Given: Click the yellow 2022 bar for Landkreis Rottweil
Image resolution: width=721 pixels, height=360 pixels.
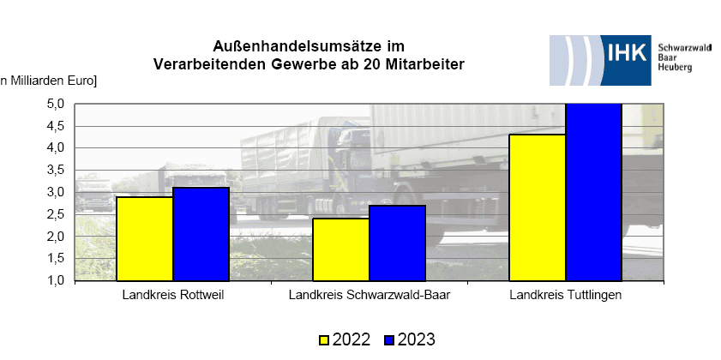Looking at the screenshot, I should tap(145, 238).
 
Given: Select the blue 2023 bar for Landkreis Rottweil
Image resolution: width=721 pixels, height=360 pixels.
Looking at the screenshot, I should tap(201, 233).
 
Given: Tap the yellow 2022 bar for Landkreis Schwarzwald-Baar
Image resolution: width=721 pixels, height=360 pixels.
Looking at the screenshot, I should tap(341, 249).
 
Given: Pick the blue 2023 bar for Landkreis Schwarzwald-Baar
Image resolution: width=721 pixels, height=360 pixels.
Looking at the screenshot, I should tap(397, 243).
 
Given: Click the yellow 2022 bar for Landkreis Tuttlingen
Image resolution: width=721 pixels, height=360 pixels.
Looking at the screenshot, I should tap(538, 207).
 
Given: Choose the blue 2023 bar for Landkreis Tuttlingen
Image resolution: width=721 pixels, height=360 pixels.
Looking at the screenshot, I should tap(593, 192).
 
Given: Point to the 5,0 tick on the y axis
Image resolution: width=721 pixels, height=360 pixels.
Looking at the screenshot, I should tap(55, 104).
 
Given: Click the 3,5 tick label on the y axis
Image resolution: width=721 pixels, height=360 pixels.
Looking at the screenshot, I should tap(55, 170).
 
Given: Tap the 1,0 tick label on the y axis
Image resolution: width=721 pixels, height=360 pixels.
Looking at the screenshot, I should tap(55, 280).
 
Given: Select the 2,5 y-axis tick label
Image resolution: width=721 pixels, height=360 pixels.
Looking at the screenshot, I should tap(55, 214).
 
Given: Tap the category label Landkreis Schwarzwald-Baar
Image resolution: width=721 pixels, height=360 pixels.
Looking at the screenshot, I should tap(369, 297).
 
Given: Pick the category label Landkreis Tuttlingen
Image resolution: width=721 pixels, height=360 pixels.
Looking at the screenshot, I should tap(565, 297).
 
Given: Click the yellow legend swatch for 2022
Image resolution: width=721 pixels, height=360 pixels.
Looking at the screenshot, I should tap(325, 339).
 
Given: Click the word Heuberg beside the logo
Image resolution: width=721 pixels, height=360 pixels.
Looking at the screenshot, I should tap(674, 68).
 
